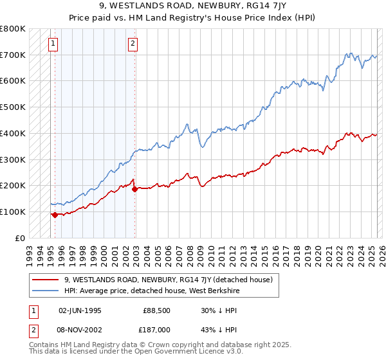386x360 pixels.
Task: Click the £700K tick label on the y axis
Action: [x=13, y=55]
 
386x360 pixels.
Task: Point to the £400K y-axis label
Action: [x=13, y=133]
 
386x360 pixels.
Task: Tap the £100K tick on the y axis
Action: [x=13, y=212]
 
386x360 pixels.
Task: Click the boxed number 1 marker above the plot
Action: [x=52, y=44]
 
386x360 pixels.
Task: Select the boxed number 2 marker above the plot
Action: [x=132, y=44]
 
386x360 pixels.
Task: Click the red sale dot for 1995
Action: [x=55, y=215]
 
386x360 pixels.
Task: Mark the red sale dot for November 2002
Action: [x=134, y=189]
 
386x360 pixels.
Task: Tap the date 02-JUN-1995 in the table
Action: [x=80, y=310]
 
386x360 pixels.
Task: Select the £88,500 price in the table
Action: [x=156, y=310]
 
